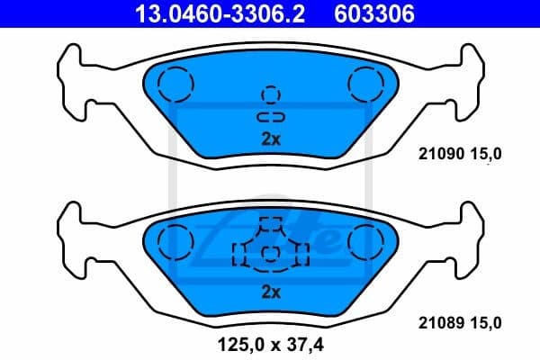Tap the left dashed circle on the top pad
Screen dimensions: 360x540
(175, 84)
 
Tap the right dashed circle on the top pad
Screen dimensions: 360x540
(366, 84)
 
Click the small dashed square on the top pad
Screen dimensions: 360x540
(270, 94)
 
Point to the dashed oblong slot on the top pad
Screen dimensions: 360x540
(270, 118)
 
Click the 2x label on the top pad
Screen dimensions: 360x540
(271, 139)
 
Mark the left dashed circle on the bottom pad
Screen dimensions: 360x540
(175, 240)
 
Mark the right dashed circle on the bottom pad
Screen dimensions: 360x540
(366, 240)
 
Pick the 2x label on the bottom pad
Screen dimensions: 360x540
(271, 292)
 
